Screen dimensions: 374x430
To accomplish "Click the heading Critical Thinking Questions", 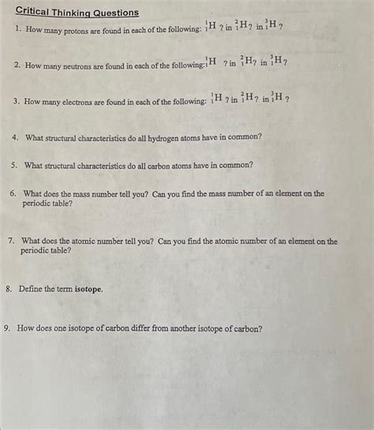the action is pyautogui.click(x=77, y=13).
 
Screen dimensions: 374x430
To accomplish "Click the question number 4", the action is pyautogui.click(x=16, y=136).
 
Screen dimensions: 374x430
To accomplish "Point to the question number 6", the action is pyautogui.click(x=13, y=193).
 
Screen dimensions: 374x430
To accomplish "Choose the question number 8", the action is pyautogui.click(x=8, y=289).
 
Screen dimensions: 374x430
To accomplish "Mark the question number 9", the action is pyautogui.click(x=7, y=329).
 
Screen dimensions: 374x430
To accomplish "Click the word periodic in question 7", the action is pyautogui.click(x=36, y=251).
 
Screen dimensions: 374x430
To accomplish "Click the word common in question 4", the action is pyautogui.click(x=245, y=136).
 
